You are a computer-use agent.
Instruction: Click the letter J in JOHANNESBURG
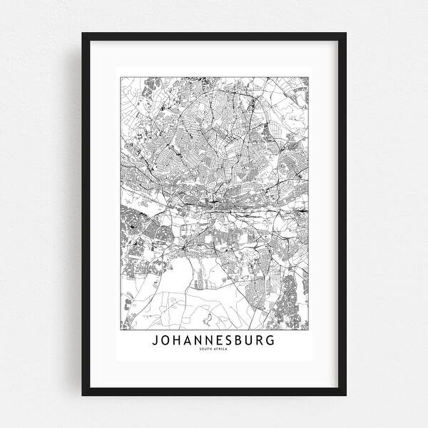(x=155, y=340)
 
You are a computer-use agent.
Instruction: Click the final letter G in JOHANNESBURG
(x=270, y=340)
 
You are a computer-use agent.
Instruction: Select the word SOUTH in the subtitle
(x=208, y=349)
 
